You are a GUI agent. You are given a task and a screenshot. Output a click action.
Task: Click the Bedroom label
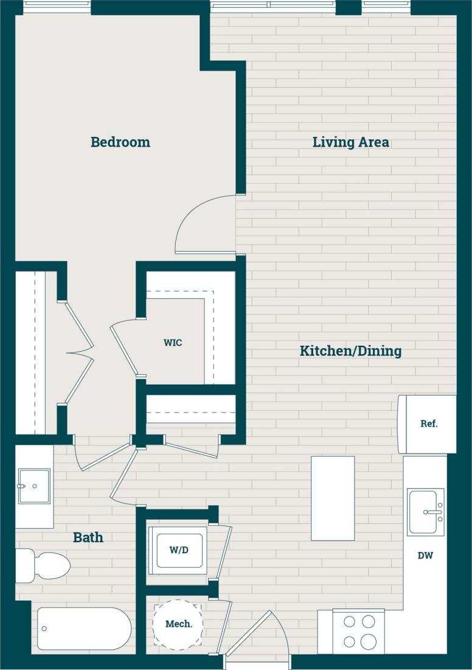point(120,142)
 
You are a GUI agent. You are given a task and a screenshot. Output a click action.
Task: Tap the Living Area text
point(350,142)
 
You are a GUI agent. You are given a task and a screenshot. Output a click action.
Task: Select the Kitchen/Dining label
point(350,351)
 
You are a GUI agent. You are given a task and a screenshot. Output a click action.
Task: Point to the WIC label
point(173,343)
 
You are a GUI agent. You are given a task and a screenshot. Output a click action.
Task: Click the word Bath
point(88,537)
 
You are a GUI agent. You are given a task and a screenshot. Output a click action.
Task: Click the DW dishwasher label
point(425,556)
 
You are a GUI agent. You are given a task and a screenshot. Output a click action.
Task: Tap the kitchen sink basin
point(425,512)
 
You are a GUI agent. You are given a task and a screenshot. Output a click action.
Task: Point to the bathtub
point(84,628)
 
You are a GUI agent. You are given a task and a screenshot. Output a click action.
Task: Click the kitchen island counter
point(333,498)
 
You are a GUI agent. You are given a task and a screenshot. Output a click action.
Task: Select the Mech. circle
point(179,624)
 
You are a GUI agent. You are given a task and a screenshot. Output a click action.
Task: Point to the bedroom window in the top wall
point(57,7)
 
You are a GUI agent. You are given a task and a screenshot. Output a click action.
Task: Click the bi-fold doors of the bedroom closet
point(79,353)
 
